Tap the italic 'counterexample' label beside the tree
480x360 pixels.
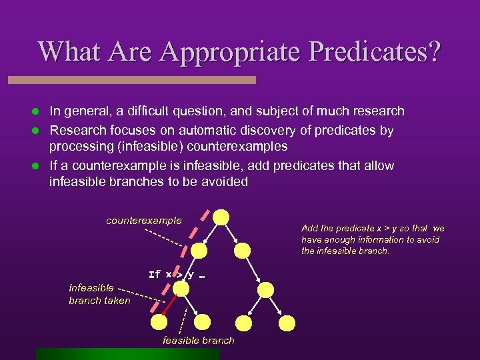[x=143, y=220]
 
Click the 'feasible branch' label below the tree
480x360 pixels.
[x=199, y=341]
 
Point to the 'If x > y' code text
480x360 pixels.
[x=171, y=274]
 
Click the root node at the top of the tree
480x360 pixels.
[x=221, y=217]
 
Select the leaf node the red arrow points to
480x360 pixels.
[x=159, y=323]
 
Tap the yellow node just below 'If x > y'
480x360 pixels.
[x=179, y=289]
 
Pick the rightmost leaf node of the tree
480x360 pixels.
[x=287, y=323]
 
